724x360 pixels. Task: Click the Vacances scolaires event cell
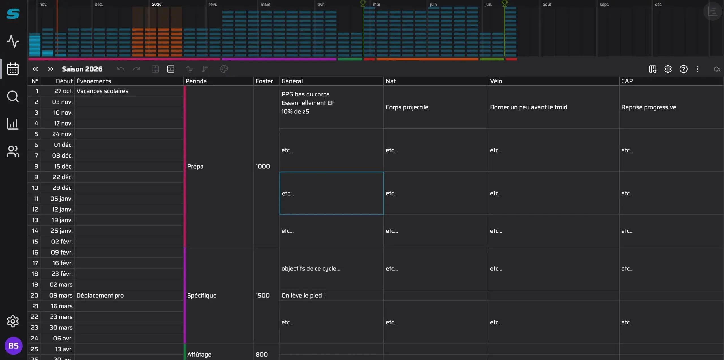[129, 91]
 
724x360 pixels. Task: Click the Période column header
[196, 81]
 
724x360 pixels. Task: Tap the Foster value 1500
[262, 295]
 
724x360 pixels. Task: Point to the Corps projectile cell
[436, 107]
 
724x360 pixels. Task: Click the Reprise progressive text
[648, 107]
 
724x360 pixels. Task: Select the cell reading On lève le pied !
[331, 295]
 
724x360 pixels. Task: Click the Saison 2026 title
[82, 69]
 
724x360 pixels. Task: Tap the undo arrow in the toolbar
[121, 69]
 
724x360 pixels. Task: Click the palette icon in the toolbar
[224, 69]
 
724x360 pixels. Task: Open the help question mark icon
[683, 69]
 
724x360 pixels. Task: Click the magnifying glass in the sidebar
[13, 96]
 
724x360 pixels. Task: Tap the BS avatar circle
[13, 346]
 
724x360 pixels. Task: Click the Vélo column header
[496, 81]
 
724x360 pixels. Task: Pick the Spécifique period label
[202, 295]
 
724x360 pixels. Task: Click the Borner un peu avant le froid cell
[553, 107]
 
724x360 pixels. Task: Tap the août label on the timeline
[546, 4]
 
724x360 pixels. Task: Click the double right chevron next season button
[50, 69]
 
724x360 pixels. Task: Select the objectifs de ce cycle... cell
[331, 268]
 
